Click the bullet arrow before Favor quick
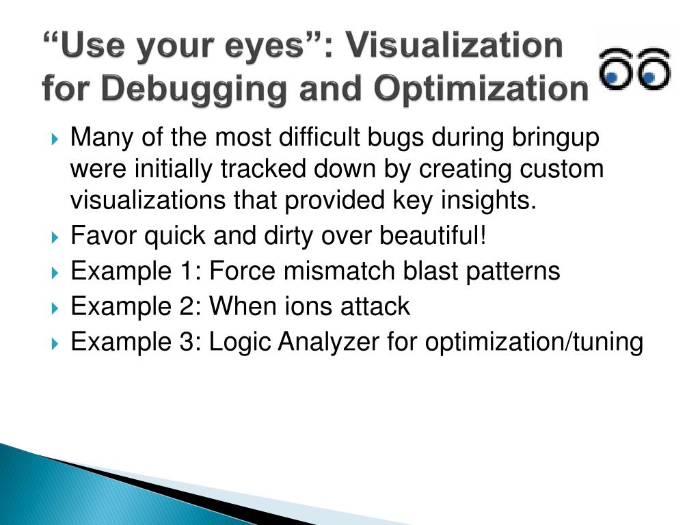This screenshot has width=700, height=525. point(56,238)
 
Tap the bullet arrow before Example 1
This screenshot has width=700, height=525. point(56,273)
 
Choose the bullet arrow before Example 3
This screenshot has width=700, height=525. point(56,344)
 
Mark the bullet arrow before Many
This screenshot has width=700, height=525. point(56,139)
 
